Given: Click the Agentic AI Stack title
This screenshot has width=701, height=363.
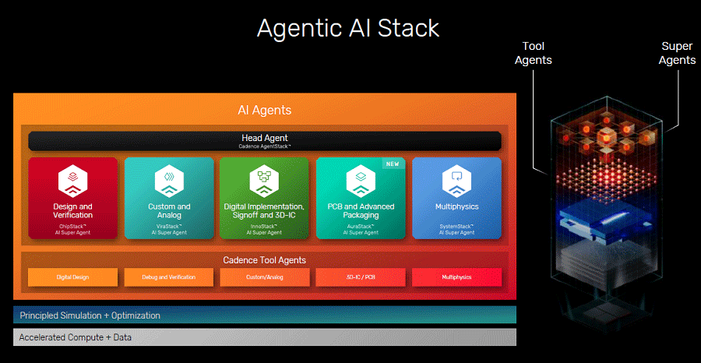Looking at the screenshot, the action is pos(348,28).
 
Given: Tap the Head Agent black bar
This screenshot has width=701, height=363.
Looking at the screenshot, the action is pos(265,141).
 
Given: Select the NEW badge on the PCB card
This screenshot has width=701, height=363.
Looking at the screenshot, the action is pos(393,164).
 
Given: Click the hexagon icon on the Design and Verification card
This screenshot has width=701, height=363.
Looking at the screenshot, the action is pos(73,181).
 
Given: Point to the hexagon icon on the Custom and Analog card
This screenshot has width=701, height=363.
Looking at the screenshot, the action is pos(169,181).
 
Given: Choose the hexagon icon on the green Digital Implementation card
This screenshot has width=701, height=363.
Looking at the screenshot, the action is pos(264,181).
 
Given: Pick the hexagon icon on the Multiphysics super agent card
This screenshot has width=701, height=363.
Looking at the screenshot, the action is pos(457,181).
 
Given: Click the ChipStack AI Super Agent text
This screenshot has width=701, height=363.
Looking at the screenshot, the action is pos(73,229).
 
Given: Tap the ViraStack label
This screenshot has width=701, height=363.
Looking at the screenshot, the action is pos(169,226).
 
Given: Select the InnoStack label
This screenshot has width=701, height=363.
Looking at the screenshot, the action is pos(264,226).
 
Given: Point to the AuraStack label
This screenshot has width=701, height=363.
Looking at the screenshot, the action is pos(361,226).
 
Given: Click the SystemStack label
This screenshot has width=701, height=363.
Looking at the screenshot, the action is pos(457,226).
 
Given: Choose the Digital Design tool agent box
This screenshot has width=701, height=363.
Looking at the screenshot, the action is pos(73,277).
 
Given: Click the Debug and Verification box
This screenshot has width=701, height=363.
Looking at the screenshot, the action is pos(169,277).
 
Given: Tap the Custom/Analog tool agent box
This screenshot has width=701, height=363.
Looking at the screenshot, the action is pos(265,277).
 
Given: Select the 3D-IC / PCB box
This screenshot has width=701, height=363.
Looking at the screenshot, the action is pos(361,277).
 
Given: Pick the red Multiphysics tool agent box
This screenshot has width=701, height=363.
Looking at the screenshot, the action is pos(457,277).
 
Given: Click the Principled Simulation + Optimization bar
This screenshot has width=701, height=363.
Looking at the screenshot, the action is pos(265,315).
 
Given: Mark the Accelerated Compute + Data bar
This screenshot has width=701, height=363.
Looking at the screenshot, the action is pos(265,337).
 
